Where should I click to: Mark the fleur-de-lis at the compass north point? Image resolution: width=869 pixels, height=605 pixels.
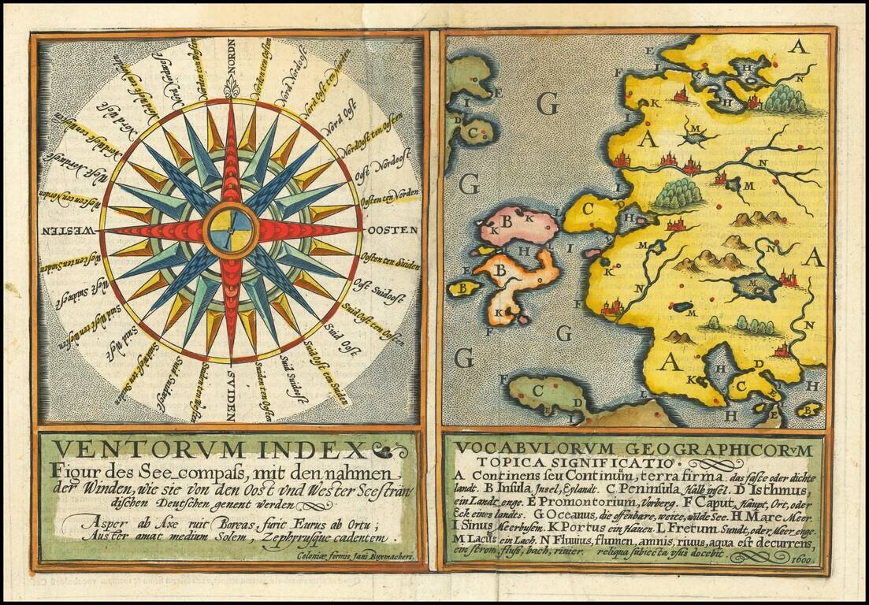pyautogui.click(x=231, y=89)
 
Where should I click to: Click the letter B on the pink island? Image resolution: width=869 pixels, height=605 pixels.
pyautogui.click(x=507, y=223)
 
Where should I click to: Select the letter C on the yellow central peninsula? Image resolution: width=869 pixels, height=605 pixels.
pyautogui.click(x=586, y=210)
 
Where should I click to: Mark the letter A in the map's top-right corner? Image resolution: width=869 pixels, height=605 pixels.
pyautogui.click(x=799, y=47)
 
